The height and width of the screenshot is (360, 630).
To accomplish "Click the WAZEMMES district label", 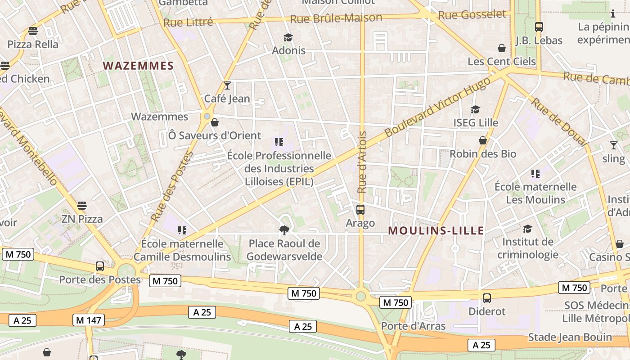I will click(138, 66).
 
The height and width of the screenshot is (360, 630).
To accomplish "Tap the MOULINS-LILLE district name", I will click(436, 231).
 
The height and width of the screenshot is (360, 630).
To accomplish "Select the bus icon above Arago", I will click(360, 210).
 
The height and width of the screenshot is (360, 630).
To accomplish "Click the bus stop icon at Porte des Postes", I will click(100, 266).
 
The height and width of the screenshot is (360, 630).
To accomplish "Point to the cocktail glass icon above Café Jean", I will click(227, 85).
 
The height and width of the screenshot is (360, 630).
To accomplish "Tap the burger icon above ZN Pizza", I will click(81, 206).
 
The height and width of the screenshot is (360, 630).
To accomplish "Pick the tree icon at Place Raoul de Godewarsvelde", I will click(284, 230).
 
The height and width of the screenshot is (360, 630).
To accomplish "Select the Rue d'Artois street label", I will click(362, 162).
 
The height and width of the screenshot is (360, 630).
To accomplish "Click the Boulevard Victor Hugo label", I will click(437, 107).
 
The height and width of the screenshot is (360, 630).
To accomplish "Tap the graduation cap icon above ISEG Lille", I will click(476, 109).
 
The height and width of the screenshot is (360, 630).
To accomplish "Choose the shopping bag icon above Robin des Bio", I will click(483, 140).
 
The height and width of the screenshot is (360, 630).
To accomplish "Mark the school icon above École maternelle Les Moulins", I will click(535, 173).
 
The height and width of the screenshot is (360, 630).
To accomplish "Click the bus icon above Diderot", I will click(487, 298).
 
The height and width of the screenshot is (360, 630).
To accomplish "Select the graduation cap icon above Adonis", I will click(288, 37).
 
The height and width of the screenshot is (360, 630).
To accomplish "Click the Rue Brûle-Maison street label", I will click(336, 18).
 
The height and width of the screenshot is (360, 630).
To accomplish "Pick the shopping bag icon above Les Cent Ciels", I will click(502, 48).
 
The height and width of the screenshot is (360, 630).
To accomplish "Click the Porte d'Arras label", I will click(413, 326).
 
